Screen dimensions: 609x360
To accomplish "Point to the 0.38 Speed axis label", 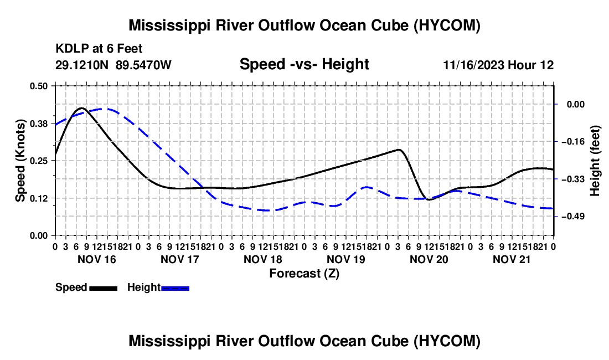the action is pos(38,124).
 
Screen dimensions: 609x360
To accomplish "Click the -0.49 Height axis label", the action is pos(573,217).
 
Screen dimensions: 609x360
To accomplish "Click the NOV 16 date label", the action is pos(97,259).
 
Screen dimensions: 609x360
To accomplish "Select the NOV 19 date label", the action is pos(345,259).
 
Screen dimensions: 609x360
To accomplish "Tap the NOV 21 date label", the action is pos(512,259).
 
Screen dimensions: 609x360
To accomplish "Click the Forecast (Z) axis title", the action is pos(304,274).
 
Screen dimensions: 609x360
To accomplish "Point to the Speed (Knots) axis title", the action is pos(20,161).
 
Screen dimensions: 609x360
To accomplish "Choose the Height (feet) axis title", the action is pos(595,161).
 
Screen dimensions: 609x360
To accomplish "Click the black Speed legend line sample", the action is pos(104,288).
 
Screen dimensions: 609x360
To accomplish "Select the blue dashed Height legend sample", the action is pos(175,288).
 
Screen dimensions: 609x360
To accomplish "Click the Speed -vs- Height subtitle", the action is pos(304,64).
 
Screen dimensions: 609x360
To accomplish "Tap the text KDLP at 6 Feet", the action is pos(99,49).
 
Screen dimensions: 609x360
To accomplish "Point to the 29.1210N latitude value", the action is pos(81,65).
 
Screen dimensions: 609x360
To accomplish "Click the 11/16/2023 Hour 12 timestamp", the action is pos(498,65).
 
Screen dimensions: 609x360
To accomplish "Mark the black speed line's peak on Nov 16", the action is pos(81,108).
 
